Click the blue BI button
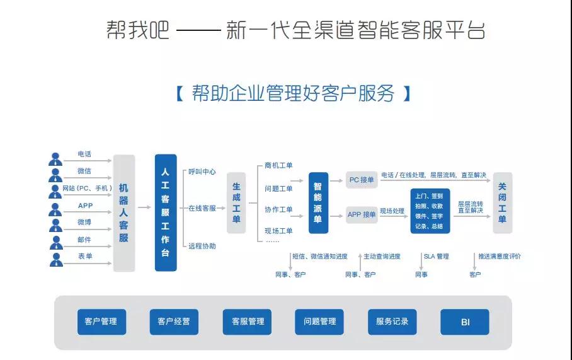pos(465,322)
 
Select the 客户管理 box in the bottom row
pos(101,322)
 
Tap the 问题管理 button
pos(319,322)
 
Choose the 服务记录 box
pos(392,322)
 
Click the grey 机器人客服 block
pos(124,213)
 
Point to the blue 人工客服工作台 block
pos(166,212)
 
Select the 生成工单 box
pos(236,202)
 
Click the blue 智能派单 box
pos(318,202)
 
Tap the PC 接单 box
pos(362,180)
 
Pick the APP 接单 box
pos(362,215)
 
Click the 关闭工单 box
pos(503,202)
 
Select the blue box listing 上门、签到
pos(430,211)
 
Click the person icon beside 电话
pos(55,159)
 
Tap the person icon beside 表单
pos(56,260)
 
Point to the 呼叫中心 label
pos(202,171)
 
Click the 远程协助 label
pos(202,246)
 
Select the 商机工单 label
pos(278,165)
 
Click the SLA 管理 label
pos(437,257)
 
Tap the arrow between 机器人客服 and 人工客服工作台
pos(144,207)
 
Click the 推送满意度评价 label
pos(500,257)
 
